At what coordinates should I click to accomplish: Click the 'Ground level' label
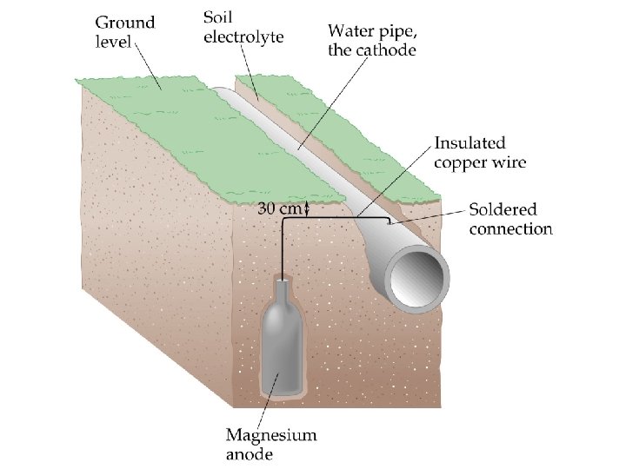pyautogui.click(x=124, y=31)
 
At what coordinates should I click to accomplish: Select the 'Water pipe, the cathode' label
pyautogui.click(x=371, y=41)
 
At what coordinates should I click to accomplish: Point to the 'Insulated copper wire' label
pyautogui.click(x=481, y=152)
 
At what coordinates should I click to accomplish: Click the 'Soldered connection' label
pyautogui.click(x=510, y=219)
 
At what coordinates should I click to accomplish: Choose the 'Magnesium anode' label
pyautogui.click(x=270, y=444)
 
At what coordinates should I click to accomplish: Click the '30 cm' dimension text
pyautogui.click(x=277, y=208)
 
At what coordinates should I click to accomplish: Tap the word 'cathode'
pyautogui.click(x=386, y=50)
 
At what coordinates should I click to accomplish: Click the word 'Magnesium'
pyautogui.click(x=271, y=434)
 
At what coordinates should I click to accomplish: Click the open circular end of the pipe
pyautogui.click(x=418, y=279)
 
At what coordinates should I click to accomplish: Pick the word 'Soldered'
pyautogui.click(x=503, y=209)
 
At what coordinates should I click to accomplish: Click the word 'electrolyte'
pyautogui.click(x=243, y=36)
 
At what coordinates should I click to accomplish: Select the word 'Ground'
pyautogui.click(x=124, y=23)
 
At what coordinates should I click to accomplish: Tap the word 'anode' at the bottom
pyautogui.click(x=250, y=453)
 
